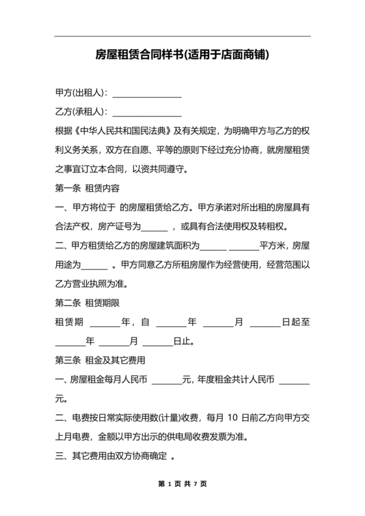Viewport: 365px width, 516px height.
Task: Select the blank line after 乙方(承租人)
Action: click(x=147, y=113)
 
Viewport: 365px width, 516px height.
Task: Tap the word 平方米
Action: click(x=273, y=246)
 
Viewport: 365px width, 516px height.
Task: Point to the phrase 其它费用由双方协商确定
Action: click(x=117, y=455)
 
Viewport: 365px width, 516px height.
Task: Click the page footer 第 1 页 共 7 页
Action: click(x=182, y=484)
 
